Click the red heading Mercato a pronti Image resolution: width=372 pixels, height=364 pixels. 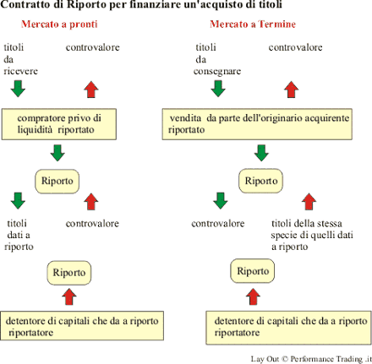pyautogui.click(x=59, y=24)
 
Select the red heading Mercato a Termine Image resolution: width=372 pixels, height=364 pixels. pyautogui.click(x=253, y=24)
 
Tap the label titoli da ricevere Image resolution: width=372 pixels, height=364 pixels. pyautogui.click(x=20, y=59)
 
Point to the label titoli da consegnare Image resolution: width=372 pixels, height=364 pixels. pyautogui.click(x=217, y=59)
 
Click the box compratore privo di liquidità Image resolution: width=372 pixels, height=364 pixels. pyautogui.click(x=59, y=124)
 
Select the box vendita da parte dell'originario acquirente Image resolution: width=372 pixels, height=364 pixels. pyautogui.click(x=257, y=124)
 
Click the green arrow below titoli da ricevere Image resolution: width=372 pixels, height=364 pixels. pyautogui.click(x=18, y=89)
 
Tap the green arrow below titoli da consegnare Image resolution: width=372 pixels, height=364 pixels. pyautogui.click(x=218, y=89)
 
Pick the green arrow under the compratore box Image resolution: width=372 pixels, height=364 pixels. pyautogui.click(x=57, y=153)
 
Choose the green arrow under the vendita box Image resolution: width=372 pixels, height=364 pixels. pyautogui.click(x=261, y=153)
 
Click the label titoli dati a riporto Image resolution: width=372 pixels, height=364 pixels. pyautogui.click(x=19, y=235)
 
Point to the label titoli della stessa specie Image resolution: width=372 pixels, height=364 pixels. pyautogui.click(x=312, y=235)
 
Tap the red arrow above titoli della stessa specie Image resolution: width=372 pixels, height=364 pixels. pyautogui.click(x=309, y=202)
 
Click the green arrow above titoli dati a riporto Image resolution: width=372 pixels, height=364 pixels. pyautogui.click(x=18, y=201)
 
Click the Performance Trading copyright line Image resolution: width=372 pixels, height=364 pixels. pyautogui.click(x=311, y=359)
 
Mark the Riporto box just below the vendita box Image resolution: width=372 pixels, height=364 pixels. pyautogui.click(x=260, y=181)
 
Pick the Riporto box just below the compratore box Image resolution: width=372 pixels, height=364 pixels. pyautogui.click(x=57, y=182)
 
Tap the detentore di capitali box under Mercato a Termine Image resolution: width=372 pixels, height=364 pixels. pyautogui.click(x=288, y=328)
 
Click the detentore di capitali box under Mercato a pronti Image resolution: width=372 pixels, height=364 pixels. pyautogui.click(x=82, y=326)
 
